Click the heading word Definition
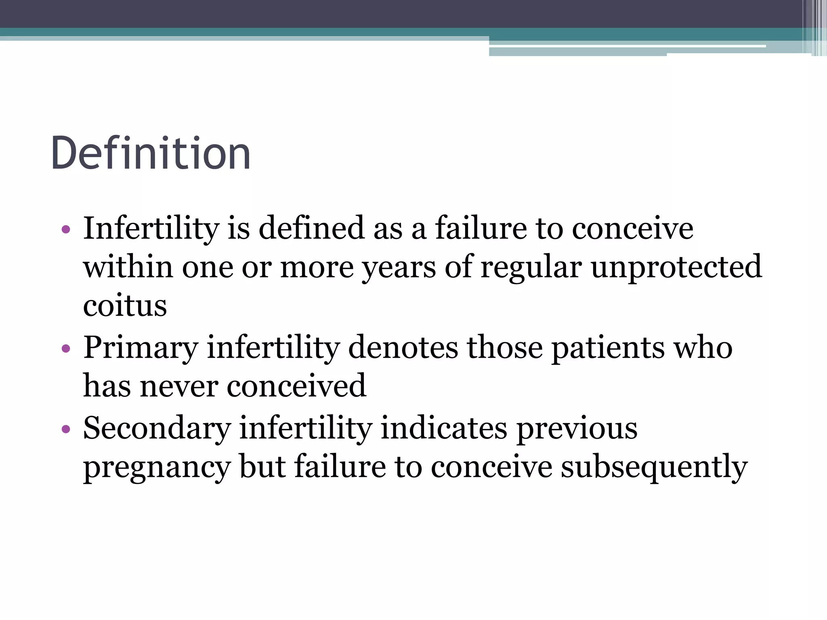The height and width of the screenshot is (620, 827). click(151, 153)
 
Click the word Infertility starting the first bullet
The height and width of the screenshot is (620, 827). click(151, 228)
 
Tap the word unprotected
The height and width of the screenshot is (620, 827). click(676, 267)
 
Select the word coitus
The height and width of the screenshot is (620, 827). click(125, 306)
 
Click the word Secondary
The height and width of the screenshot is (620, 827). click(157, 428)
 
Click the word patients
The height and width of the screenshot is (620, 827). click(608, 348)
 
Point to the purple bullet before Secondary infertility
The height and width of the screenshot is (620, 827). click(66, 429)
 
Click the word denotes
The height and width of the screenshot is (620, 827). click(403, 348)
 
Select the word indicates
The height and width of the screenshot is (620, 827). click(444, 428)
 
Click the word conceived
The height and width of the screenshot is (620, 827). click(296, 386)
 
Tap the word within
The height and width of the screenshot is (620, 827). click(128, 267)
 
